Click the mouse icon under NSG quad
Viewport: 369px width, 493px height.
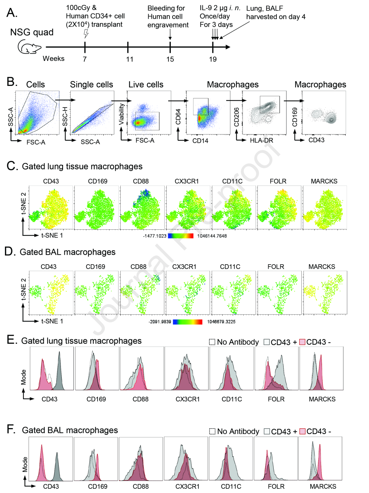click(x=29, y=46)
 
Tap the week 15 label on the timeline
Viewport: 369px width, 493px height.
click(x=170, y=59)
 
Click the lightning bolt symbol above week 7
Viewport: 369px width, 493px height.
click(x=86, y=34)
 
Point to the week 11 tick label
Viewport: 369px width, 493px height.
click(x=129, y=59)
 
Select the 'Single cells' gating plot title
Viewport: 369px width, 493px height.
click(x=91, y=85)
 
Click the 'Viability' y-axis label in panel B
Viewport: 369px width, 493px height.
click(x=121, y=114)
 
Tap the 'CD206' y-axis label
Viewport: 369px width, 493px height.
click(x=237, y=117)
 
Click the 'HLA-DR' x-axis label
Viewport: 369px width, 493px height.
click(x=262, y=141)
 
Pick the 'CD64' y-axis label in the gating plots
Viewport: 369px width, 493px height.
click(x=178, y=117)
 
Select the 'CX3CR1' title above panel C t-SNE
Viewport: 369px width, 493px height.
click(x=187, y=181)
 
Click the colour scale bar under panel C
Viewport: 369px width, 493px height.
click(x=180, y=236)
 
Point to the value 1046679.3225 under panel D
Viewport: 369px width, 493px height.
click(x=221, y=322)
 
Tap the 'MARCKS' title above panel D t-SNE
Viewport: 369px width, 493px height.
click(x=322, y=267)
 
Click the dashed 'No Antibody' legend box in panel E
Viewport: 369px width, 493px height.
click(x=212, y=342)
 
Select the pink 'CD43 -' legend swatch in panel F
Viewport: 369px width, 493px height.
click(x=302, y=431)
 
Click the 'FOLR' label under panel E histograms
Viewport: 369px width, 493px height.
click(x=276, y=399)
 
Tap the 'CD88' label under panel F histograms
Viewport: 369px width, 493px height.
click(x=141, y=486)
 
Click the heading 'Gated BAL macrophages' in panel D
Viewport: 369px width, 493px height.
click(x=67, y=252)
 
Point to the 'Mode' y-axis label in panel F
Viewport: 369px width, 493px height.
click(x=25, y=464)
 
